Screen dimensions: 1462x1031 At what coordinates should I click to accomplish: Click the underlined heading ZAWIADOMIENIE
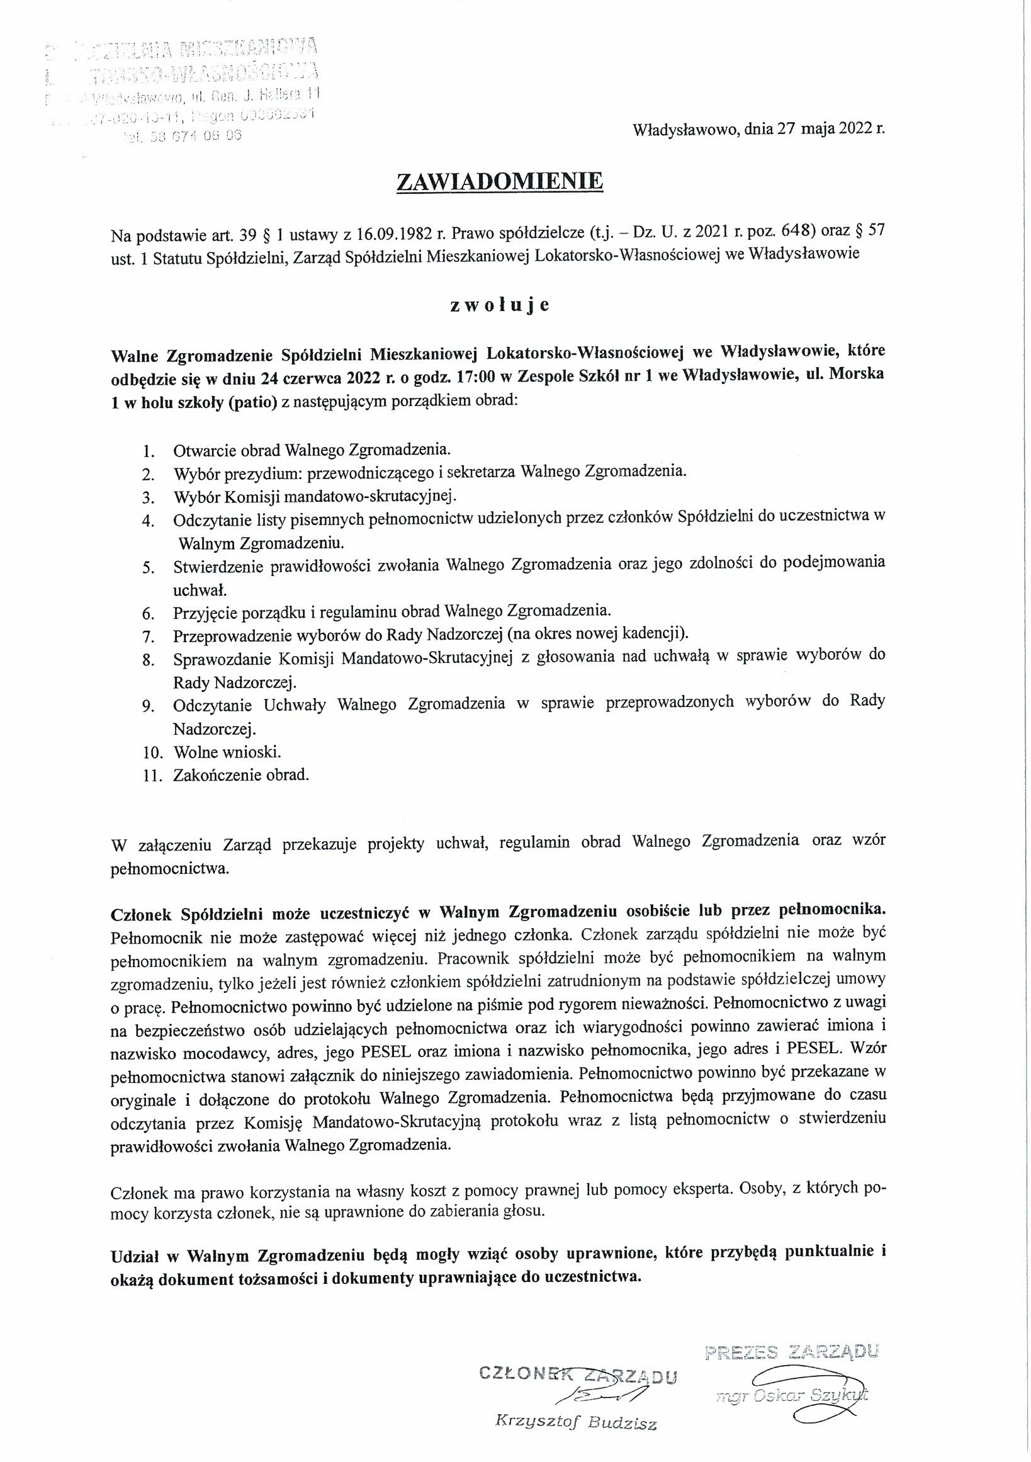[x=499, y=182]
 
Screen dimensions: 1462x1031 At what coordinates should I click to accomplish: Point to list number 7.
[x=150, y=636]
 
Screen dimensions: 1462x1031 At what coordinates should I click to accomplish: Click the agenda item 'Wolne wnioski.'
[x=227, y=752]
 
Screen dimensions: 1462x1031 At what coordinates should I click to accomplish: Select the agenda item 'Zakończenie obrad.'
[x=241, y=775]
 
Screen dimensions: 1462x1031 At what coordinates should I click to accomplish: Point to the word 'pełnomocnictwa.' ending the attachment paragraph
[x=169, y=869]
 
